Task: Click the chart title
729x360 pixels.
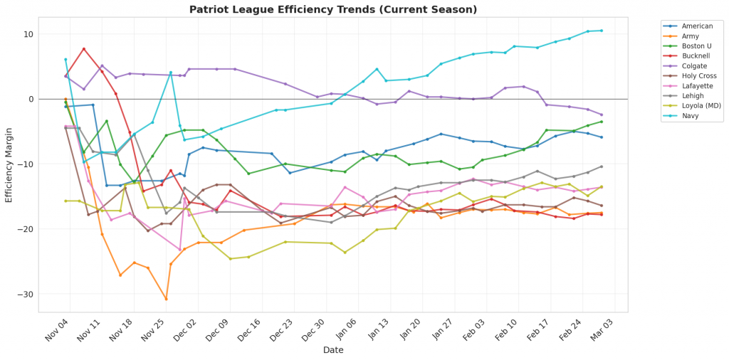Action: click(333, 9)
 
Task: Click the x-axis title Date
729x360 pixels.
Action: click(333, 350)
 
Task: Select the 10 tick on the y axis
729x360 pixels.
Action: click(28, 34)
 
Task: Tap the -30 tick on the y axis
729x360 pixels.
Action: click(26, 294)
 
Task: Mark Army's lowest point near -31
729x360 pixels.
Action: click(166, 299)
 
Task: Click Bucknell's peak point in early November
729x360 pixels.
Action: click(84, 49)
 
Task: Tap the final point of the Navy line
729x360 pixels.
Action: click(601, 31)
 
